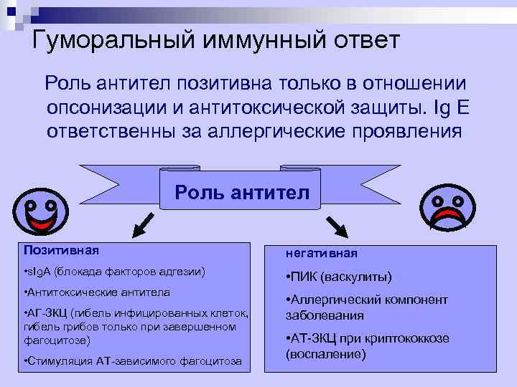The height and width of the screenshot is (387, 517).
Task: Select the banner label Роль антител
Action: tap(242, 191)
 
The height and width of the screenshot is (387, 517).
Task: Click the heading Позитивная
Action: tap(61, 250)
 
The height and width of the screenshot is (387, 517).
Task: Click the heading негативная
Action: tap(322, 253)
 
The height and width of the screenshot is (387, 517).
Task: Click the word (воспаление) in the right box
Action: tap(326, 354)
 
